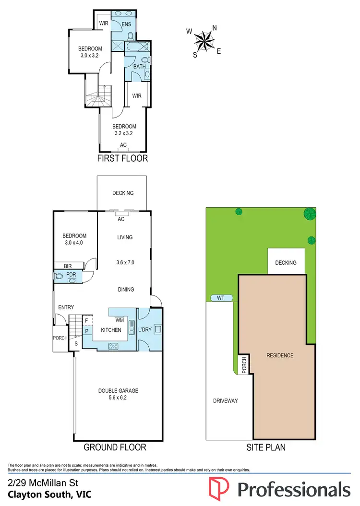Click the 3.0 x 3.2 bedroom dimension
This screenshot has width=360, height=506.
point(90,56)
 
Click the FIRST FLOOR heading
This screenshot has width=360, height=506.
point(122,158)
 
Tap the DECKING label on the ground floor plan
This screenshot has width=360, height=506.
point(123,193)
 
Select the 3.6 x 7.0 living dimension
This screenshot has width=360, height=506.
point(125,263)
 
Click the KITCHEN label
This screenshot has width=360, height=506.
point(111,330)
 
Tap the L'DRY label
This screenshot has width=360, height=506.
point(145,330)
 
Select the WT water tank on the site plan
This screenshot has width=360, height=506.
point(221,298)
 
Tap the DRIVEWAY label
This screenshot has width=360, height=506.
point(225,400)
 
